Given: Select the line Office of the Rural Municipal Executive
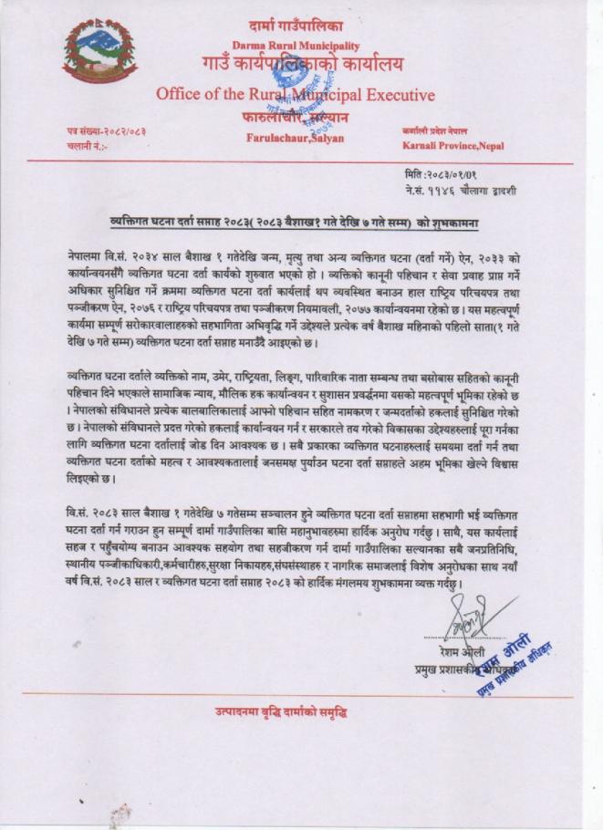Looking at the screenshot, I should point(295,94).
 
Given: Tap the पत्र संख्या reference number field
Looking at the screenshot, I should point(107,132).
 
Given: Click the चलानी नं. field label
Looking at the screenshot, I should point(88,145).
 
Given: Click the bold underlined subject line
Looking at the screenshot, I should point(295,222).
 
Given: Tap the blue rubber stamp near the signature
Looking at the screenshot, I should point(507,657).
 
